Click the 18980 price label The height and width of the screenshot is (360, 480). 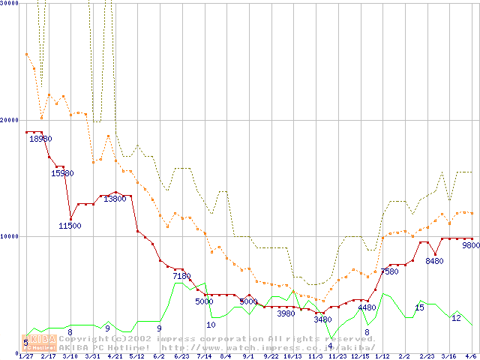[x=40, y=139]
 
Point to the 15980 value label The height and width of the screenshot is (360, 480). [x=62, y=173]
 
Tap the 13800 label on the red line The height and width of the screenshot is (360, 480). [x=115, y=199]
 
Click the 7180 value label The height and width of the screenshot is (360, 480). [x=181, y=276]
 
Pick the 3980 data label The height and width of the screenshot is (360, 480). [x=286, y=313]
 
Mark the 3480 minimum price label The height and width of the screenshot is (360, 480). [x=322, y=319]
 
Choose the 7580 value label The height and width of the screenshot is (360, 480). [x=389, y=271]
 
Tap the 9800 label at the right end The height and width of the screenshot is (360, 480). [x=470, y=245]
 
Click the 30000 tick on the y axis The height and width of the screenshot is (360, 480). [x=9, y=4]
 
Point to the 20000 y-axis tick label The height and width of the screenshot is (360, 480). [x=9, y=120]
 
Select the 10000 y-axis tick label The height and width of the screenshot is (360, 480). [x=9, y=236]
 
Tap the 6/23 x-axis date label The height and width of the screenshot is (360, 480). [x=181, y=356]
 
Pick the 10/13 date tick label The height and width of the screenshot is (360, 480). [x=293, y=356]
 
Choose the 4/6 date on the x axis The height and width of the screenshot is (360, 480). [x=471, y=356]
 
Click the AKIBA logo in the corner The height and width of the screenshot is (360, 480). [x=41, y=343]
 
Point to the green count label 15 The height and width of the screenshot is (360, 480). [x=420, y=307]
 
